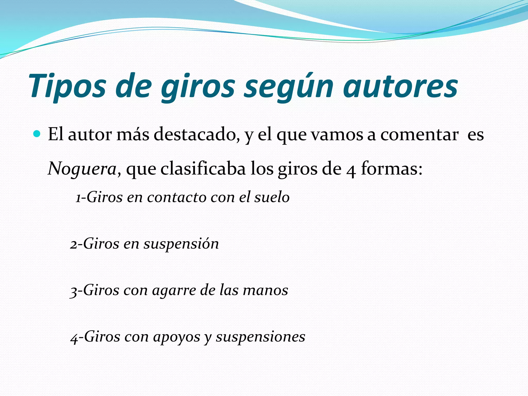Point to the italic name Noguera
coord(82,169)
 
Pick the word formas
coord(392,169)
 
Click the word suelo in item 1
coord(272,197)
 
